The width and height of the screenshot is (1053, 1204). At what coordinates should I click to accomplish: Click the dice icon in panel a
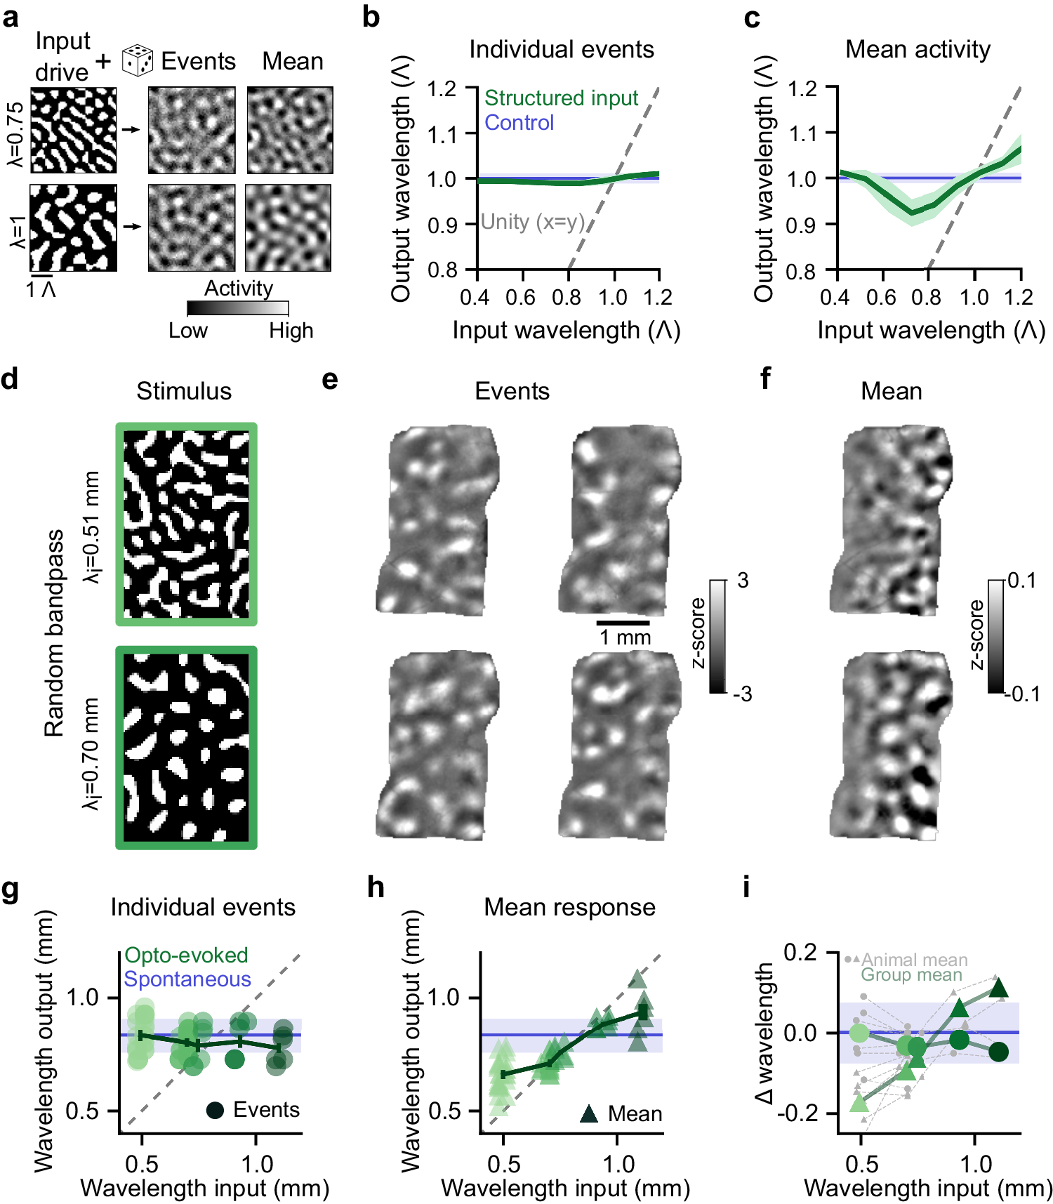tap(138, 60)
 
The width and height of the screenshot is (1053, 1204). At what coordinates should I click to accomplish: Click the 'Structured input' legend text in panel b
tap(561, 98)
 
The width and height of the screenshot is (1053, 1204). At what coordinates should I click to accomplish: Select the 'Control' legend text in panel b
tap(519, 123)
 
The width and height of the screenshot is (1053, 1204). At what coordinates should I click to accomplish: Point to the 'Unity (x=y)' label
tap(532, 222)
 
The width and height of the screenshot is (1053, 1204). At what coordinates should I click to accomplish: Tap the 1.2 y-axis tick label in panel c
tap(802, 88)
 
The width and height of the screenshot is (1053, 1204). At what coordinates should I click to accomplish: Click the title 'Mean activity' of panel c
tap(918, 49)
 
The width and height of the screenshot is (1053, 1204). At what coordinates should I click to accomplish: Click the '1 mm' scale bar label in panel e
tap(625, 637)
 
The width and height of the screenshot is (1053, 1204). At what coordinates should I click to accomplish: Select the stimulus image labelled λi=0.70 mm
tap(186, 748)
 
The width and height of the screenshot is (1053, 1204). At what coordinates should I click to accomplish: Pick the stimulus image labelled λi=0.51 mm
tap(186, 524)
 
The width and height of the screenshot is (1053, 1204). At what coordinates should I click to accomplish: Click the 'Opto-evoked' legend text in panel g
tap(186, 955)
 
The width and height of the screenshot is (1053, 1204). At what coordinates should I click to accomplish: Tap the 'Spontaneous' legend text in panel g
tap(187, 979)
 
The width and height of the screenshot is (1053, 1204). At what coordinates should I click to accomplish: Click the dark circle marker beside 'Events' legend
tap(215, 1110)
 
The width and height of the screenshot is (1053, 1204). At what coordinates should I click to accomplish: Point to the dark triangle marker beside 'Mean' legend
tap(589, 1113)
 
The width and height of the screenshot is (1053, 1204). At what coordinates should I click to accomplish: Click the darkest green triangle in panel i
tap(998, 989)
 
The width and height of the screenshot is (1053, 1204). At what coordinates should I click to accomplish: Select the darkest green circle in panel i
tap(998, 1052)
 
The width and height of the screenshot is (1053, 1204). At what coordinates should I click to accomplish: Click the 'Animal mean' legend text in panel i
tap(914, 960)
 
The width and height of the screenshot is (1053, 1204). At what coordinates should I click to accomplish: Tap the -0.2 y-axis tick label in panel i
tap(800, 1113)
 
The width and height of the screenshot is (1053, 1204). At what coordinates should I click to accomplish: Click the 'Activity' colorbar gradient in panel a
tap(237, 307)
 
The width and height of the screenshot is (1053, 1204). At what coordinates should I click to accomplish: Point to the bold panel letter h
tap(376, 888)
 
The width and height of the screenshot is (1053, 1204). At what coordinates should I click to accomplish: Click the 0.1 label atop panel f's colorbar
tap(1021, 581)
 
